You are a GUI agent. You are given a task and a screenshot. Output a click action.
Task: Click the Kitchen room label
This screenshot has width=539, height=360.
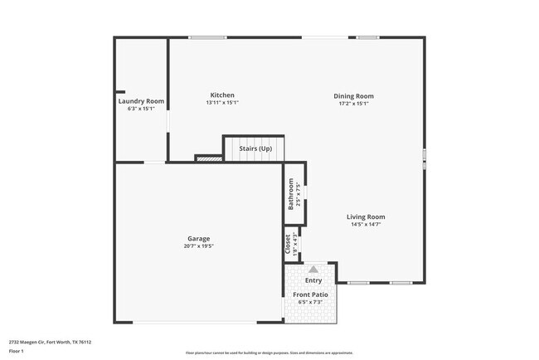[x=222, y=95]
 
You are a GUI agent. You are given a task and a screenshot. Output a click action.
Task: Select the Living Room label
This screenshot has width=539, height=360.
[x=366, y=217]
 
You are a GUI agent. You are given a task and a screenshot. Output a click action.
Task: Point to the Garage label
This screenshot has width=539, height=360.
[x=198, y=238]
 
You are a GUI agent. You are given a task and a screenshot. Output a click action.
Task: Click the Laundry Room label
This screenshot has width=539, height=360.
[x=141, y=101]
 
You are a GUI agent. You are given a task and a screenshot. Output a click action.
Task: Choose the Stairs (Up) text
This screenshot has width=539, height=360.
[x=255, y=148]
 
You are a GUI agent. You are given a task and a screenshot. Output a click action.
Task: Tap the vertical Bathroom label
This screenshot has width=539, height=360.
[x=291, y=194]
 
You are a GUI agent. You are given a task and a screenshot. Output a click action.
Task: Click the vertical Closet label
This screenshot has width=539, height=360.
[x=288, y=244]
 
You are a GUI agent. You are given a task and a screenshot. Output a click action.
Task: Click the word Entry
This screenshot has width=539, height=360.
[x=313, y=281]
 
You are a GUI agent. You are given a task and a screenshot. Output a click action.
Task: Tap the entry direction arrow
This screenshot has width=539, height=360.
[x=313, y=269]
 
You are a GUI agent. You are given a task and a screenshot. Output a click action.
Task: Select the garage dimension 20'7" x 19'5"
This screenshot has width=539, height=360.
[x=199, y=246]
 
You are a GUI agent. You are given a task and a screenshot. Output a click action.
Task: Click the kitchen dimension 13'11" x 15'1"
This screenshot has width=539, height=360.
[x=222, y=104]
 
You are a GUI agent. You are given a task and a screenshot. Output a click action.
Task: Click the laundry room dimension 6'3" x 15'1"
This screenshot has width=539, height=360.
[x=141, y=109]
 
